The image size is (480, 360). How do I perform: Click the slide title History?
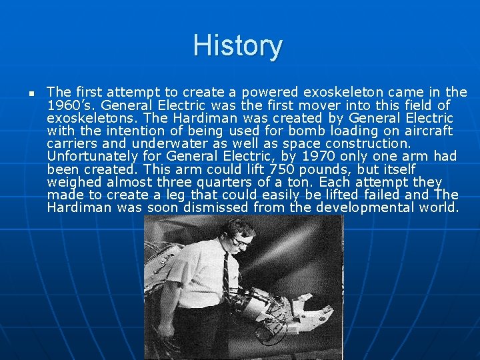[x=237, y=46]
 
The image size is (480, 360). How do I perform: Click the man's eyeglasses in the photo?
[x=242, y=242]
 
